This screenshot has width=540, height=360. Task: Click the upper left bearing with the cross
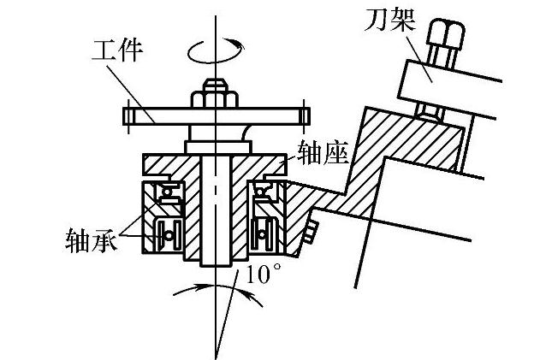[168, 193]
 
